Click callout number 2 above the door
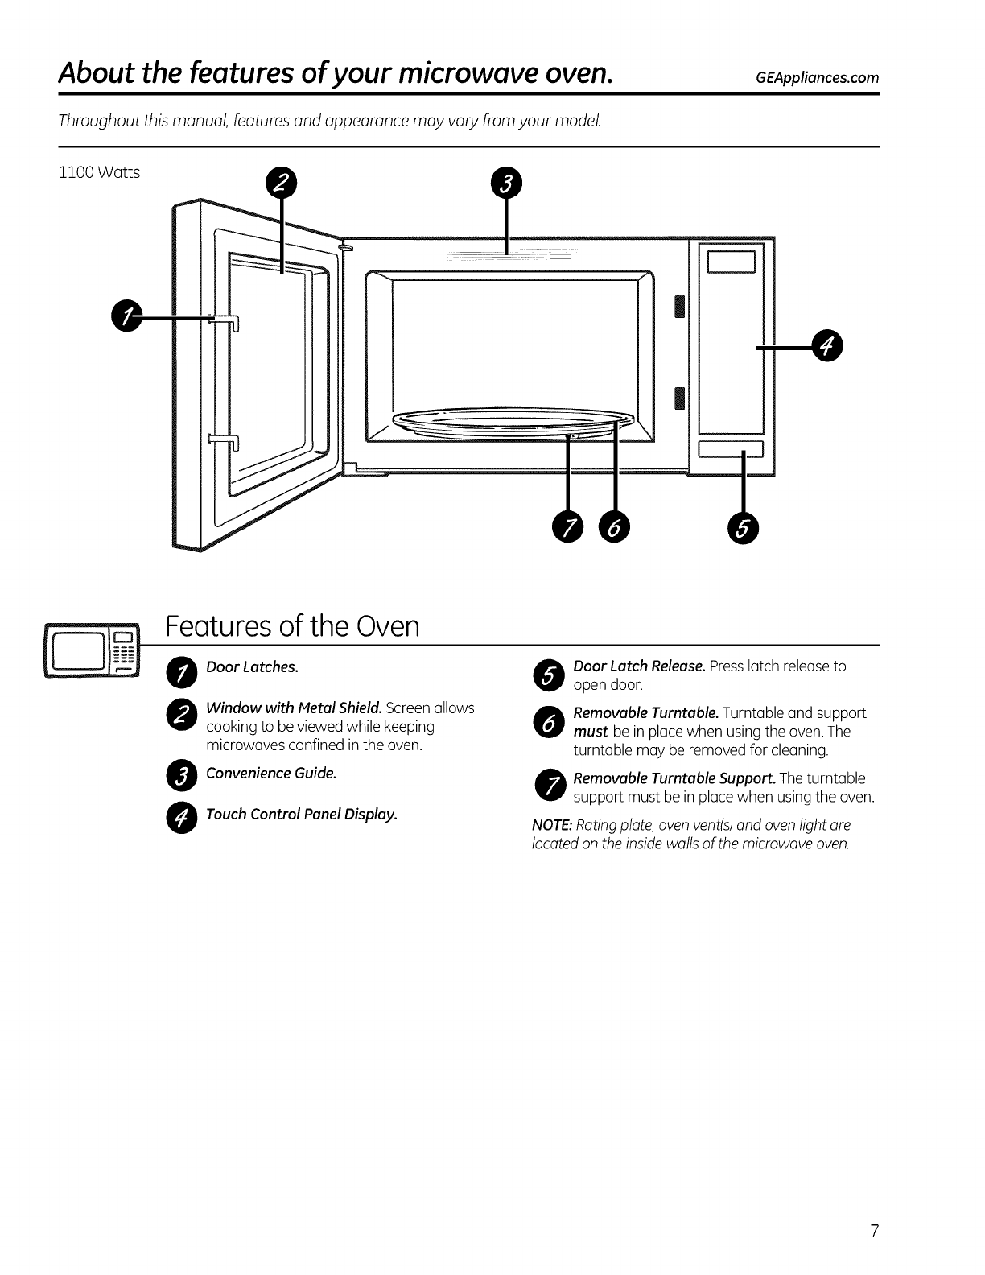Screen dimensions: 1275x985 pyautogui.click(x=280, y=183)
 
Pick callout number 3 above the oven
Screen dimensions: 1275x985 pyautogui.click(x=506, y=183)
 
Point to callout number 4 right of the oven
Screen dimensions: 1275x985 pyautogui.click(x=825, y=346)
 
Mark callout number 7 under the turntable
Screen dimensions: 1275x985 pyautogui.click(x=568, y=527)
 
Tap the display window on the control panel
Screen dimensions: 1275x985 pyautogui.click(x=731, y=262)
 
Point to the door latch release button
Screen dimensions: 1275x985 pyautogui.click(x=731, y=449)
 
